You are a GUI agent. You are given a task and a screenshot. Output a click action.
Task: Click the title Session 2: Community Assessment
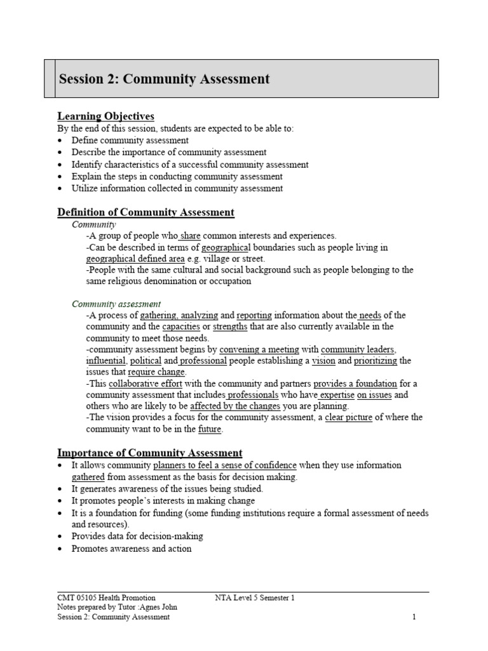pos(164,79)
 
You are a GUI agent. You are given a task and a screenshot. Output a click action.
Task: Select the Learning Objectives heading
pos(105,116)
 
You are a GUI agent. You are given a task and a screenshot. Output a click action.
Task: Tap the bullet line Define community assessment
pos(130,140)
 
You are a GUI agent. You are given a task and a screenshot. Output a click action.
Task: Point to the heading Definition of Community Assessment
pos(146,212)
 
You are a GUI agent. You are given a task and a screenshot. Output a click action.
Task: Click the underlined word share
pos(191,236)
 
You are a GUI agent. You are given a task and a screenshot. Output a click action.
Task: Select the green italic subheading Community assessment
pos(116,304)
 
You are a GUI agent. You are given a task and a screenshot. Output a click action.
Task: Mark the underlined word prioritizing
pos(376,361)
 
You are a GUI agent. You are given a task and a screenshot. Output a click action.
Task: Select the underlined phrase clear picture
pos(351,418)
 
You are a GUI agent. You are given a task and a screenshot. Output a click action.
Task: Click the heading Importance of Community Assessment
pos(150,453)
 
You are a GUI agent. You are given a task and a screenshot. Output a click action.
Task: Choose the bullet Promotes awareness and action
pos(132,549)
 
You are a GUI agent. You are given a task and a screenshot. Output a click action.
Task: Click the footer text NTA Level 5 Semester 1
pos(255,598)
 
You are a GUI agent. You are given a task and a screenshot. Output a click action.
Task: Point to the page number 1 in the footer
pos(414,617)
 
